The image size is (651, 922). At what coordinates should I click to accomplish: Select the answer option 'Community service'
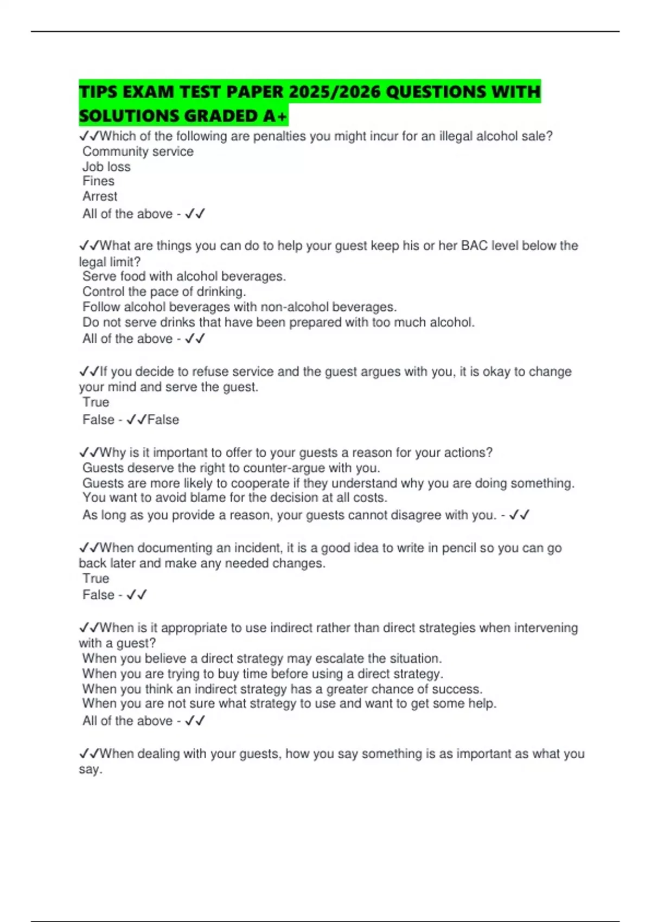[x=138, y=152]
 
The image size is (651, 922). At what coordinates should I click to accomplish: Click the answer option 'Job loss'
[x=106, y=167]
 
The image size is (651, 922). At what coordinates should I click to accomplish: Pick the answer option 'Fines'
[x=98, y=181]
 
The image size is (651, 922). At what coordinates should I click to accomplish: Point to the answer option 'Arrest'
[x=100, y=196]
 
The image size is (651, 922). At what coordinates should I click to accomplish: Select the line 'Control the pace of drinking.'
[x=164, y=292]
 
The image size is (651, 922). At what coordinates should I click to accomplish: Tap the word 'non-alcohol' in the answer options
[x=294, y=307]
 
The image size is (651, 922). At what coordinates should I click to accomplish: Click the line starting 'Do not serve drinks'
[x=278, y=323]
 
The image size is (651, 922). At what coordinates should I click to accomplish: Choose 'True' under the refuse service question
[x=95, y=402]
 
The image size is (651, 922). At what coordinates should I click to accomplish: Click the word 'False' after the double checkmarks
[x=163, y=420]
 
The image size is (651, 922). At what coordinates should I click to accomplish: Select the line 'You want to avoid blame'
[x=234, y=498]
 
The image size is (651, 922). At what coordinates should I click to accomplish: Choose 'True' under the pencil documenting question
[x=95, y=579]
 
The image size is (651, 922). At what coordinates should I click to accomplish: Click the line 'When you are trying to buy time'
[x=263, y=674]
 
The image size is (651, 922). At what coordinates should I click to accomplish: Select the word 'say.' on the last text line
[x=90, y=770]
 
